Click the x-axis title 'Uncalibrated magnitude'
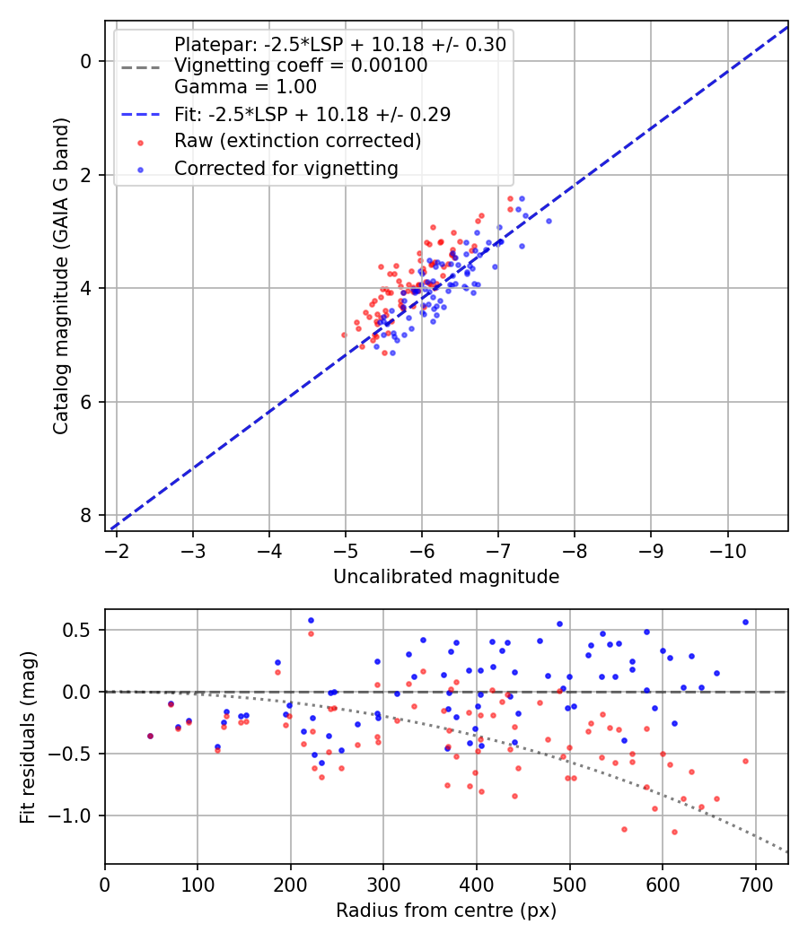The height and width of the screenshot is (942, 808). [446, 577]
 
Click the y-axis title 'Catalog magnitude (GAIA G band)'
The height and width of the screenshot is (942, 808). [61, 276]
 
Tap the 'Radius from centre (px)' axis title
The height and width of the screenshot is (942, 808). [446, 911]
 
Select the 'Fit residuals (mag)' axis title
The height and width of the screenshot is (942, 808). [28, 737]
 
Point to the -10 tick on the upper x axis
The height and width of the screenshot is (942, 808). [727, 551]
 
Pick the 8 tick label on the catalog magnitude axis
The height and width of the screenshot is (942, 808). [86, 516]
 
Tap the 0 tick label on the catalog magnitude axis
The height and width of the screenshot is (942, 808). [86, 61]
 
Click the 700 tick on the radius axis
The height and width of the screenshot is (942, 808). [755, 885]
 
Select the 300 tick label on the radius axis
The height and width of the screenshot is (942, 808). [383, 885]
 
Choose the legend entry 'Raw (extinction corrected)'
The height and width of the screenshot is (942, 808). [297, 141]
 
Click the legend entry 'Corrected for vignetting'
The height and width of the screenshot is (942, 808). [286, 169]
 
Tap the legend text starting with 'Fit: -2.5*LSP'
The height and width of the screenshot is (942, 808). [312, 114]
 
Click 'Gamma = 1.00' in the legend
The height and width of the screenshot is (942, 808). [245, 86]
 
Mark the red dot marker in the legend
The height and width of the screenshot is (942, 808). [141, 143]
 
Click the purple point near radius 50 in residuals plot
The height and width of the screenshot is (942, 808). [150, 736]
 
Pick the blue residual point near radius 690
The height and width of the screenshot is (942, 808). [745, 623]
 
